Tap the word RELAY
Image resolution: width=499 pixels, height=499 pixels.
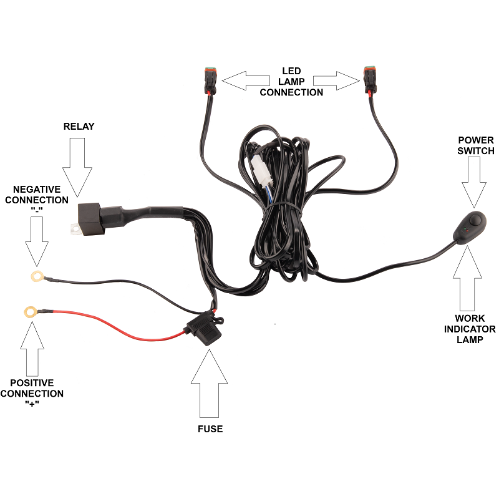[x=79, y=127]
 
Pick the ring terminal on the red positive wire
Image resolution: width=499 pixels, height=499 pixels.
[x=29, y=311]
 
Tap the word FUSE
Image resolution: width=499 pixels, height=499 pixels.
[x=210, y=429]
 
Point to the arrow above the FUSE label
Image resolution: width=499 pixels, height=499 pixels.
[x=210, y=383]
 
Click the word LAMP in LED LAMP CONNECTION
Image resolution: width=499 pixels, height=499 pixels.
[x=291, y=82]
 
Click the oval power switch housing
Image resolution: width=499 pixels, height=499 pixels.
[x=473, y=226]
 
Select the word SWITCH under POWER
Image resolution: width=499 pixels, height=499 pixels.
[x=476, y=151]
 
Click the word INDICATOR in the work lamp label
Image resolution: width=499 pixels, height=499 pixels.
[x=470, y=329]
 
